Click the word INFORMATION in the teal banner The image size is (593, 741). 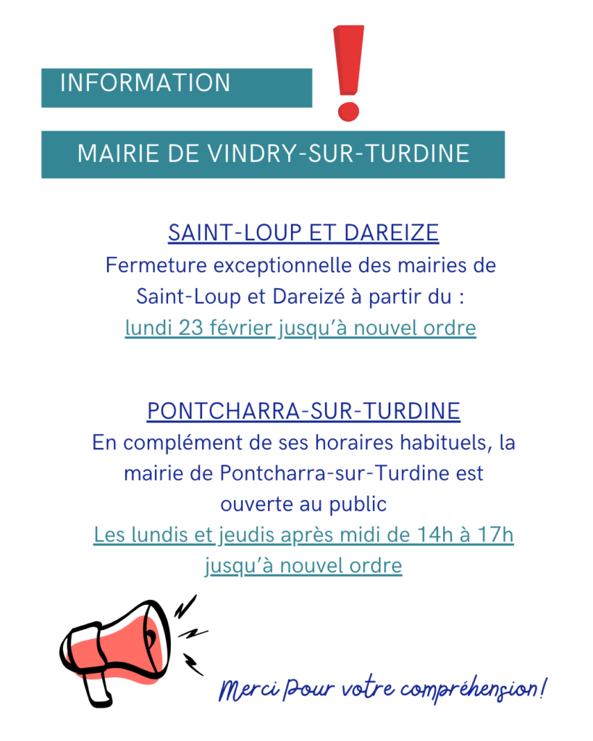click(145, 83)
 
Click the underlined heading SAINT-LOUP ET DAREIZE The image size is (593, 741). click(303, 233)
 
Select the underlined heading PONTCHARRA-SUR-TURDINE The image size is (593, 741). click(303, 411)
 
